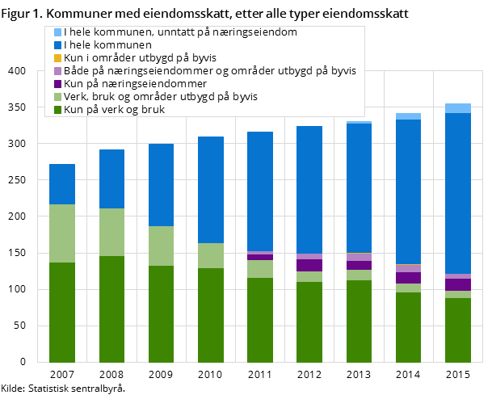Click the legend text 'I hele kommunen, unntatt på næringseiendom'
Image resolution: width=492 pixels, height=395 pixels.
click(x=180, y=32)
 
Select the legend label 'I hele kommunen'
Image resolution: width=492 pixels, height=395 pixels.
click(x=107, y=45)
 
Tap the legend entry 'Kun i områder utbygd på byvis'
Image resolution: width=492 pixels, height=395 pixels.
click(x=140, y=58)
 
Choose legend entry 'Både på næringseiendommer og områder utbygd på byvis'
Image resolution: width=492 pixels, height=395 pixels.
click(x=209, y=71)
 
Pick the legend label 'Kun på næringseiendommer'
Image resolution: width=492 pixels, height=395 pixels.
click(x=135, y=84)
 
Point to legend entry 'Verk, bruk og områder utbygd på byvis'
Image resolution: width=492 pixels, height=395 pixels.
click(x=161, y=97)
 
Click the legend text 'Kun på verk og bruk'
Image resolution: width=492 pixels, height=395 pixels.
click(x=114, y=110)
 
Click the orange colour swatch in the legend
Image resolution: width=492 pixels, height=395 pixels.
click(x=57, y=58)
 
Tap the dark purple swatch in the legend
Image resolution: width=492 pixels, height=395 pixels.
click(x=57, y=84)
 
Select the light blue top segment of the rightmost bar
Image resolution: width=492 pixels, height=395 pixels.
click(x=458, y=108)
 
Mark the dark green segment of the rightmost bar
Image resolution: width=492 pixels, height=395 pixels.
click(x=458, y=330)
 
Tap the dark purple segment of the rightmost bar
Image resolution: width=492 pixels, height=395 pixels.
click(x=458, y=284)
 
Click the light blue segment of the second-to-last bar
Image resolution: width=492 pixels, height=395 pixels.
click(x=408, y=116)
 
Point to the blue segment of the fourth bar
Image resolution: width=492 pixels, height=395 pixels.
click(x=211, y=190)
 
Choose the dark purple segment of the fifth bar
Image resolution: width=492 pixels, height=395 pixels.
click(x=260, y=257)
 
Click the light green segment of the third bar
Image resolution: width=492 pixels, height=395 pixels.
click(x=162, y=246)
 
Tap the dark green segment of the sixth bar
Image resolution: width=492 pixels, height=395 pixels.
click(x=309, y=321)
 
